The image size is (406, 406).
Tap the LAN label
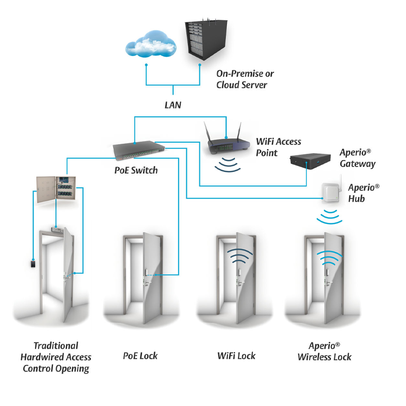point(174,106)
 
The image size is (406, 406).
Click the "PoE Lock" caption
point(140,356)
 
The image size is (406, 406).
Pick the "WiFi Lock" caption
point(236,356)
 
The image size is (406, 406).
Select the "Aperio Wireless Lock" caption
point(325,351)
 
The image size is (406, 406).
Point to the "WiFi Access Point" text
point(279,147)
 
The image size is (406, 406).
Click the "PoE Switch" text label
point(136,170)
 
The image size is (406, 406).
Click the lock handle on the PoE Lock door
point(147,276)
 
